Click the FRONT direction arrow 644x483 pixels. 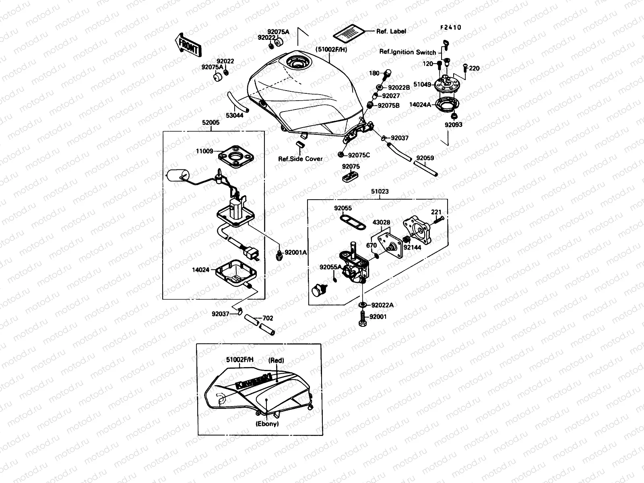[187, 44]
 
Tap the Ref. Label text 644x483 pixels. [391, 31]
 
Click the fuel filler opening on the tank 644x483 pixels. [297, 64]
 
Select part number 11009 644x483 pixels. [204, 151]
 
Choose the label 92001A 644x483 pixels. [296, 253]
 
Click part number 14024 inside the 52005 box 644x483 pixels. [200, 270]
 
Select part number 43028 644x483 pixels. [381, 222]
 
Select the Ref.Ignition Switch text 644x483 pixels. [407, 52]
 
